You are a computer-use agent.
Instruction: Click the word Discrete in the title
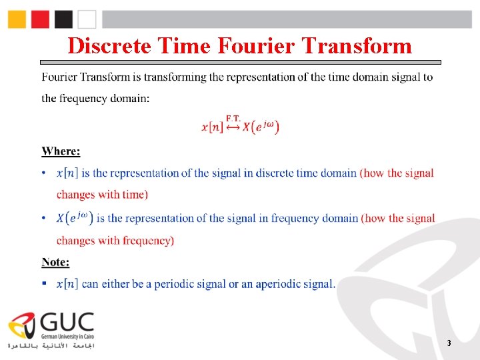click(x=110, y=45)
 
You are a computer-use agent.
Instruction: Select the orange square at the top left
click(x=17, y=19)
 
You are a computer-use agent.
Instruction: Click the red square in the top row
click(x=40, y=19)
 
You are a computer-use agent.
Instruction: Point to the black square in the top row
click(x=63, y=19)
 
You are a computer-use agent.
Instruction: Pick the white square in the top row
click(x=87, y=19)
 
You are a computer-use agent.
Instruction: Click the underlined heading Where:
click(x=61, y=151)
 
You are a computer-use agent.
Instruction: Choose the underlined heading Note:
click(x=55, y=262)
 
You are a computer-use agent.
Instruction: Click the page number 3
click(x=449, y=343)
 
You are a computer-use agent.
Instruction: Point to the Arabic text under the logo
click(x=51, y=346)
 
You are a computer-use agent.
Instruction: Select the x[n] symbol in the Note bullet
click(x=67, y=284)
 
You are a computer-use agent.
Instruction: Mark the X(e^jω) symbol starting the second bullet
click(x=75, y=218)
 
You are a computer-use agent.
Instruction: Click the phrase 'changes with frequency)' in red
click(x=115, y=240)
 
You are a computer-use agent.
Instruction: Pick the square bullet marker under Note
click(x=44, y=283)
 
